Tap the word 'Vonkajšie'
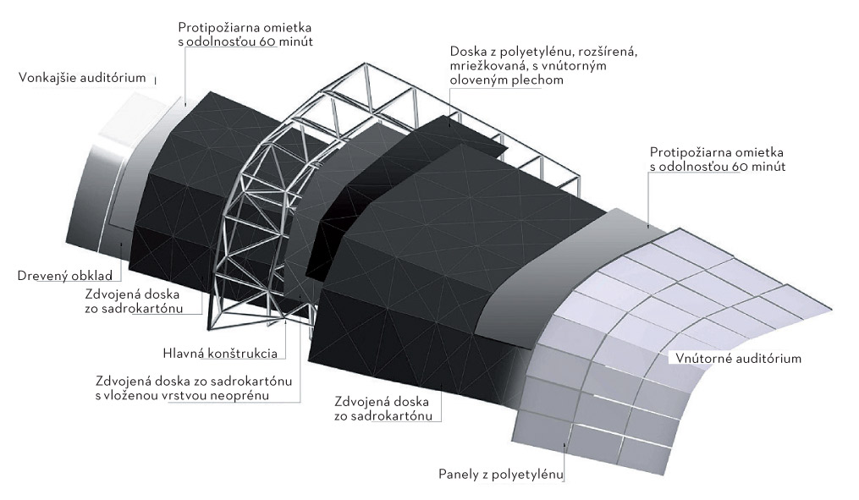[x=47, y=78]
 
